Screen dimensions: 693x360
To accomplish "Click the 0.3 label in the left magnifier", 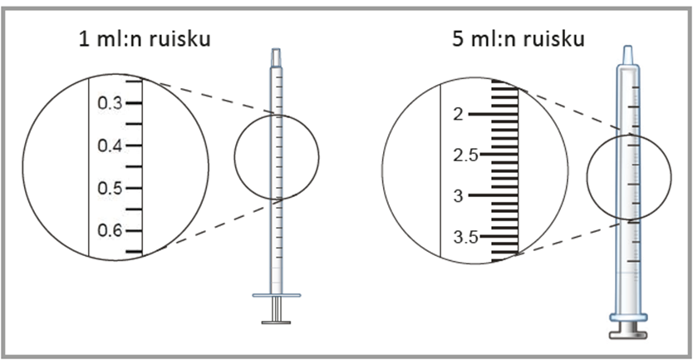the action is (110, 103).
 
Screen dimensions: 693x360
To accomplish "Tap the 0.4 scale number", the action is (110, 145).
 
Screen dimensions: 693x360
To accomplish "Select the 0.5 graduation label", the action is (110, 188).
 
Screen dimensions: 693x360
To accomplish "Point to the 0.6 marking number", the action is (110, 230).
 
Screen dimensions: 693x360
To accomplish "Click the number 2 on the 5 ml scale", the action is (459, 115).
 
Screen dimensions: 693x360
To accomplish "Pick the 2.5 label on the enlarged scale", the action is (466, 155).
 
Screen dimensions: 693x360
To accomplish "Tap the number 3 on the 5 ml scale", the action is (459, 195).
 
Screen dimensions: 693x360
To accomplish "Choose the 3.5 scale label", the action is (466, 237).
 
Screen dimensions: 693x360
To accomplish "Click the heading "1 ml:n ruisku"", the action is (145, 39).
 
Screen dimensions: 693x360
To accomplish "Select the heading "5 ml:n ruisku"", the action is (519, 39).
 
